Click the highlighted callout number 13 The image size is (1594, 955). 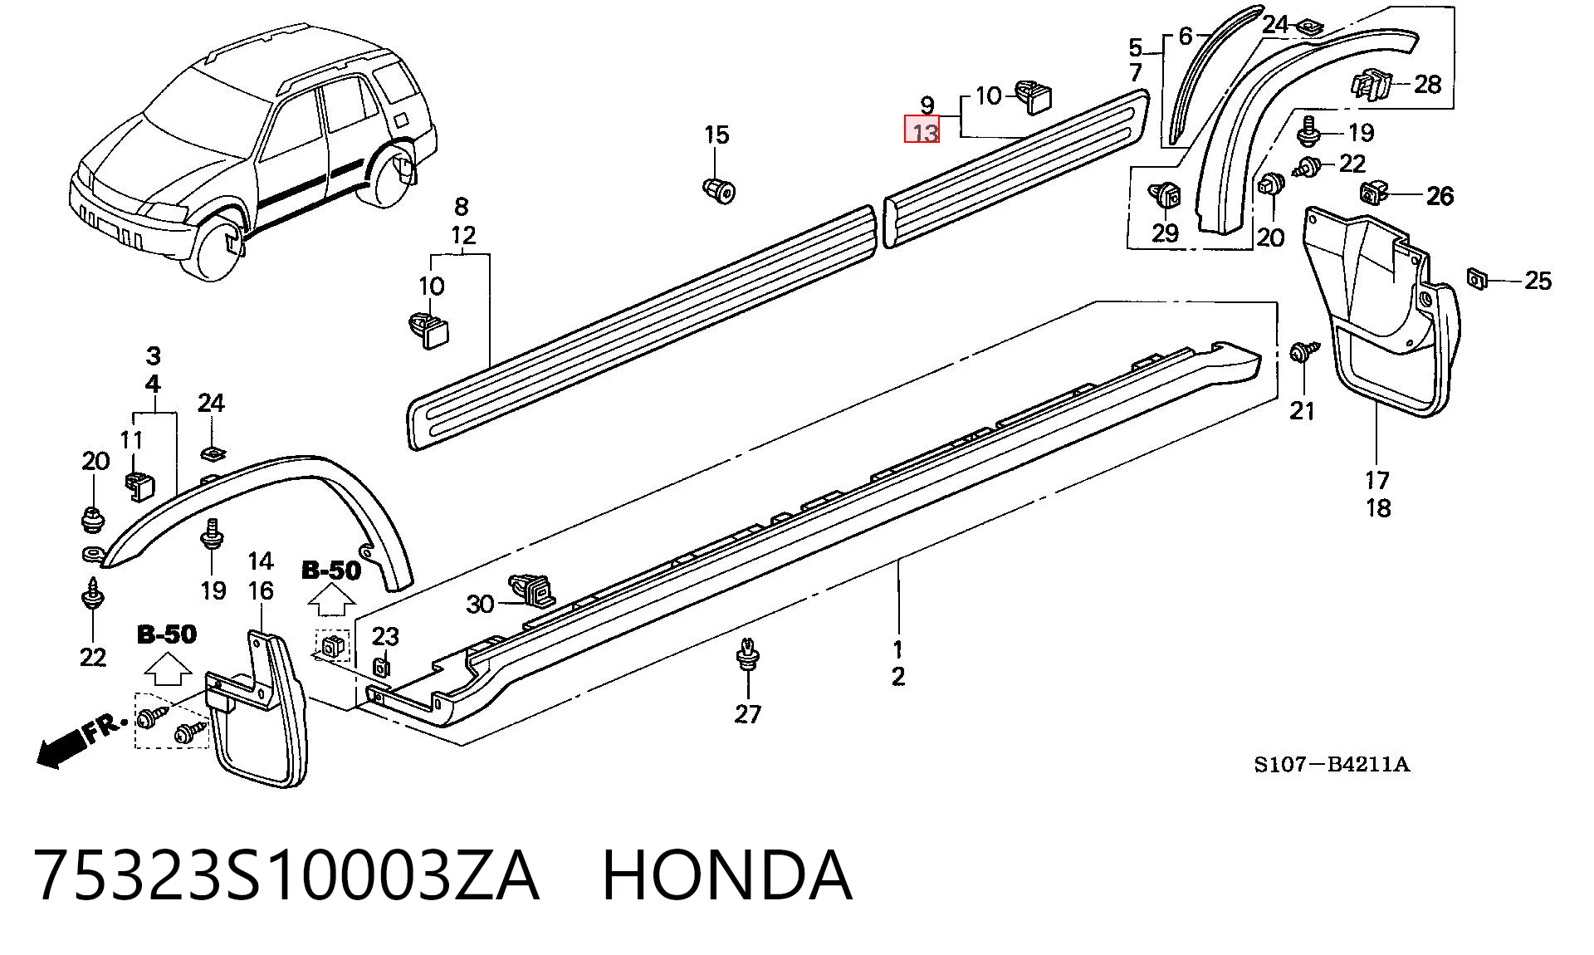(x=922, y=131)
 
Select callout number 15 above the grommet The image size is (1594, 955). (x=716, y=135)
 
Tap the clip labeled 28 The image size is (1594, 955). (x=1370, y=84)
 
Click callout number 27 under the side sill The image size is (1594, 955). (x=747, y=713)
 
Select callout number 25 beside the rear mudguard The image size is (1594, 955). (x=1538, y=281)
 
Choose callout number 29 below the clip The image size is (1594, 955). (x=1165, y=233)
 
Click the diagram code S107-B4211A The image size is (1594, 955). (x=1332, y=765)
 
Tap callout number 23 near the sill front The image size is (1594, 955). (x=385, y=637)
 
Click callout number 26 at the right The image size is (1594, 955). (x=1440, y=196)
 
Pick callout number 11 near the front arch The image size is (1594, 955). (x=131, y=440)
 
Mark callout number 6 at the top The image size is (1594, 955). (x=1185, y=36)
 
